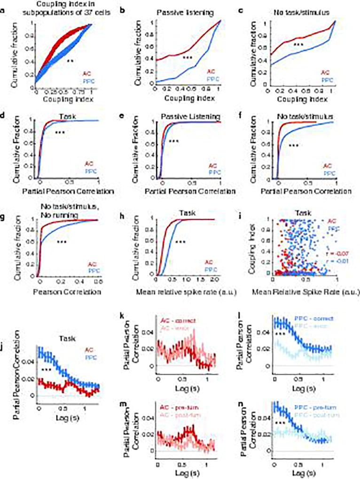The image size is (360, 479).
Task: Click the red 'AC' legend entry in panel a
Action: click(x=87, y=73)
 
